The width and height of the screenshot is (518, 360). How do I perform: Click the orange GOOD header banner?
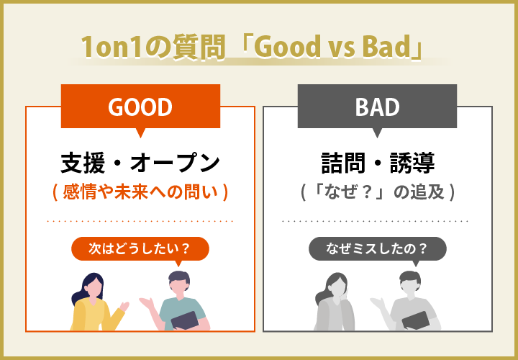coord(140,107)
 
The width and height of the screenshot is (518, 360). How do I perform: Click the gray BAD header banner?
coord(377,107)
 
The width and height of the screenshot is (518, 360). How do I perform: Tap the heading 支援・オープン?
coord(140,163)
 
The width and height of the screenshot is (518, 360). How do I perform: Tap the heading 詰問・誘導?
coord(377,163)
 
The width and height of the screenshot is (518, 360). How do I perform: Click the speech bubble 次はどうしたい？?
coord(140,249)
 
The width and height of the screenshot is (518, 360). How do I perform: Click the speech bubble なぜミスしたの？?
coord(377,249)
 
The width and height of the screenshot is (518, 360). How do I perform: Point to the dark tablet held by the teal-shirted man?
coord(183,320)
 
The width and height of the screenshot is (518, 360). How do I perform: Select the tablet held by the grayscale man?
coord(419,320)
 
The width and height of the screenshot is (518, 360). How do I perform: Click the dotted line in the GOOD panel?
coord(140,221)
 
